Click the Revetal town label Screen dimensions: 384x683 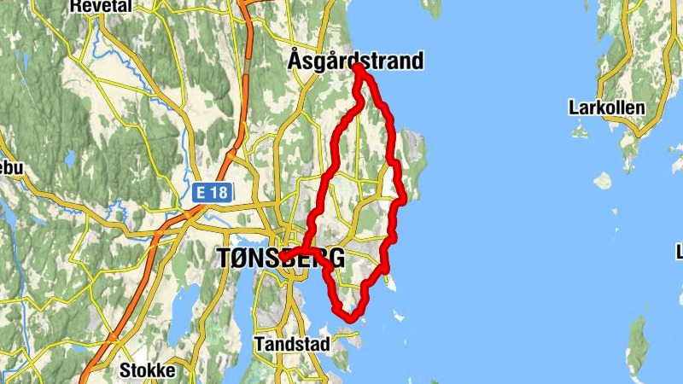102,6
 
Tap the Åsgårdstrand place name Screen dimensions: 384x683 355,61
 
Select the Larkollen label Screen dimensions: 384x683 606,108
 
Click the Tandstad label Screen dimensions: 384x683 289,345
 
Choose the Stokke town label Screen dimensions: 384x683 147,370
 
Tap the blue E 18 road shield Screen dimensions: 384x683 210,193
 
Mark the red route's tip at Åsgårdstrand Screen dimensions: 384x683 357,67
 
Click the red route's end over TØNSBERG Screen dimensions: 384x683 283,255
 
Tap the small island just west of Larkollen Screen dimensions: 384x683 580,133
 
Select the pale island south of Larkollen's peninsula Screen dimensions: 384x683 603,181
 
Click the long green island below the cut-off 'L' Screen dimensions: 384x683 637,346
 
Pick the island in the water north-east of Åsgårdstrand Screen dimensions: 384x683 432,8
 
